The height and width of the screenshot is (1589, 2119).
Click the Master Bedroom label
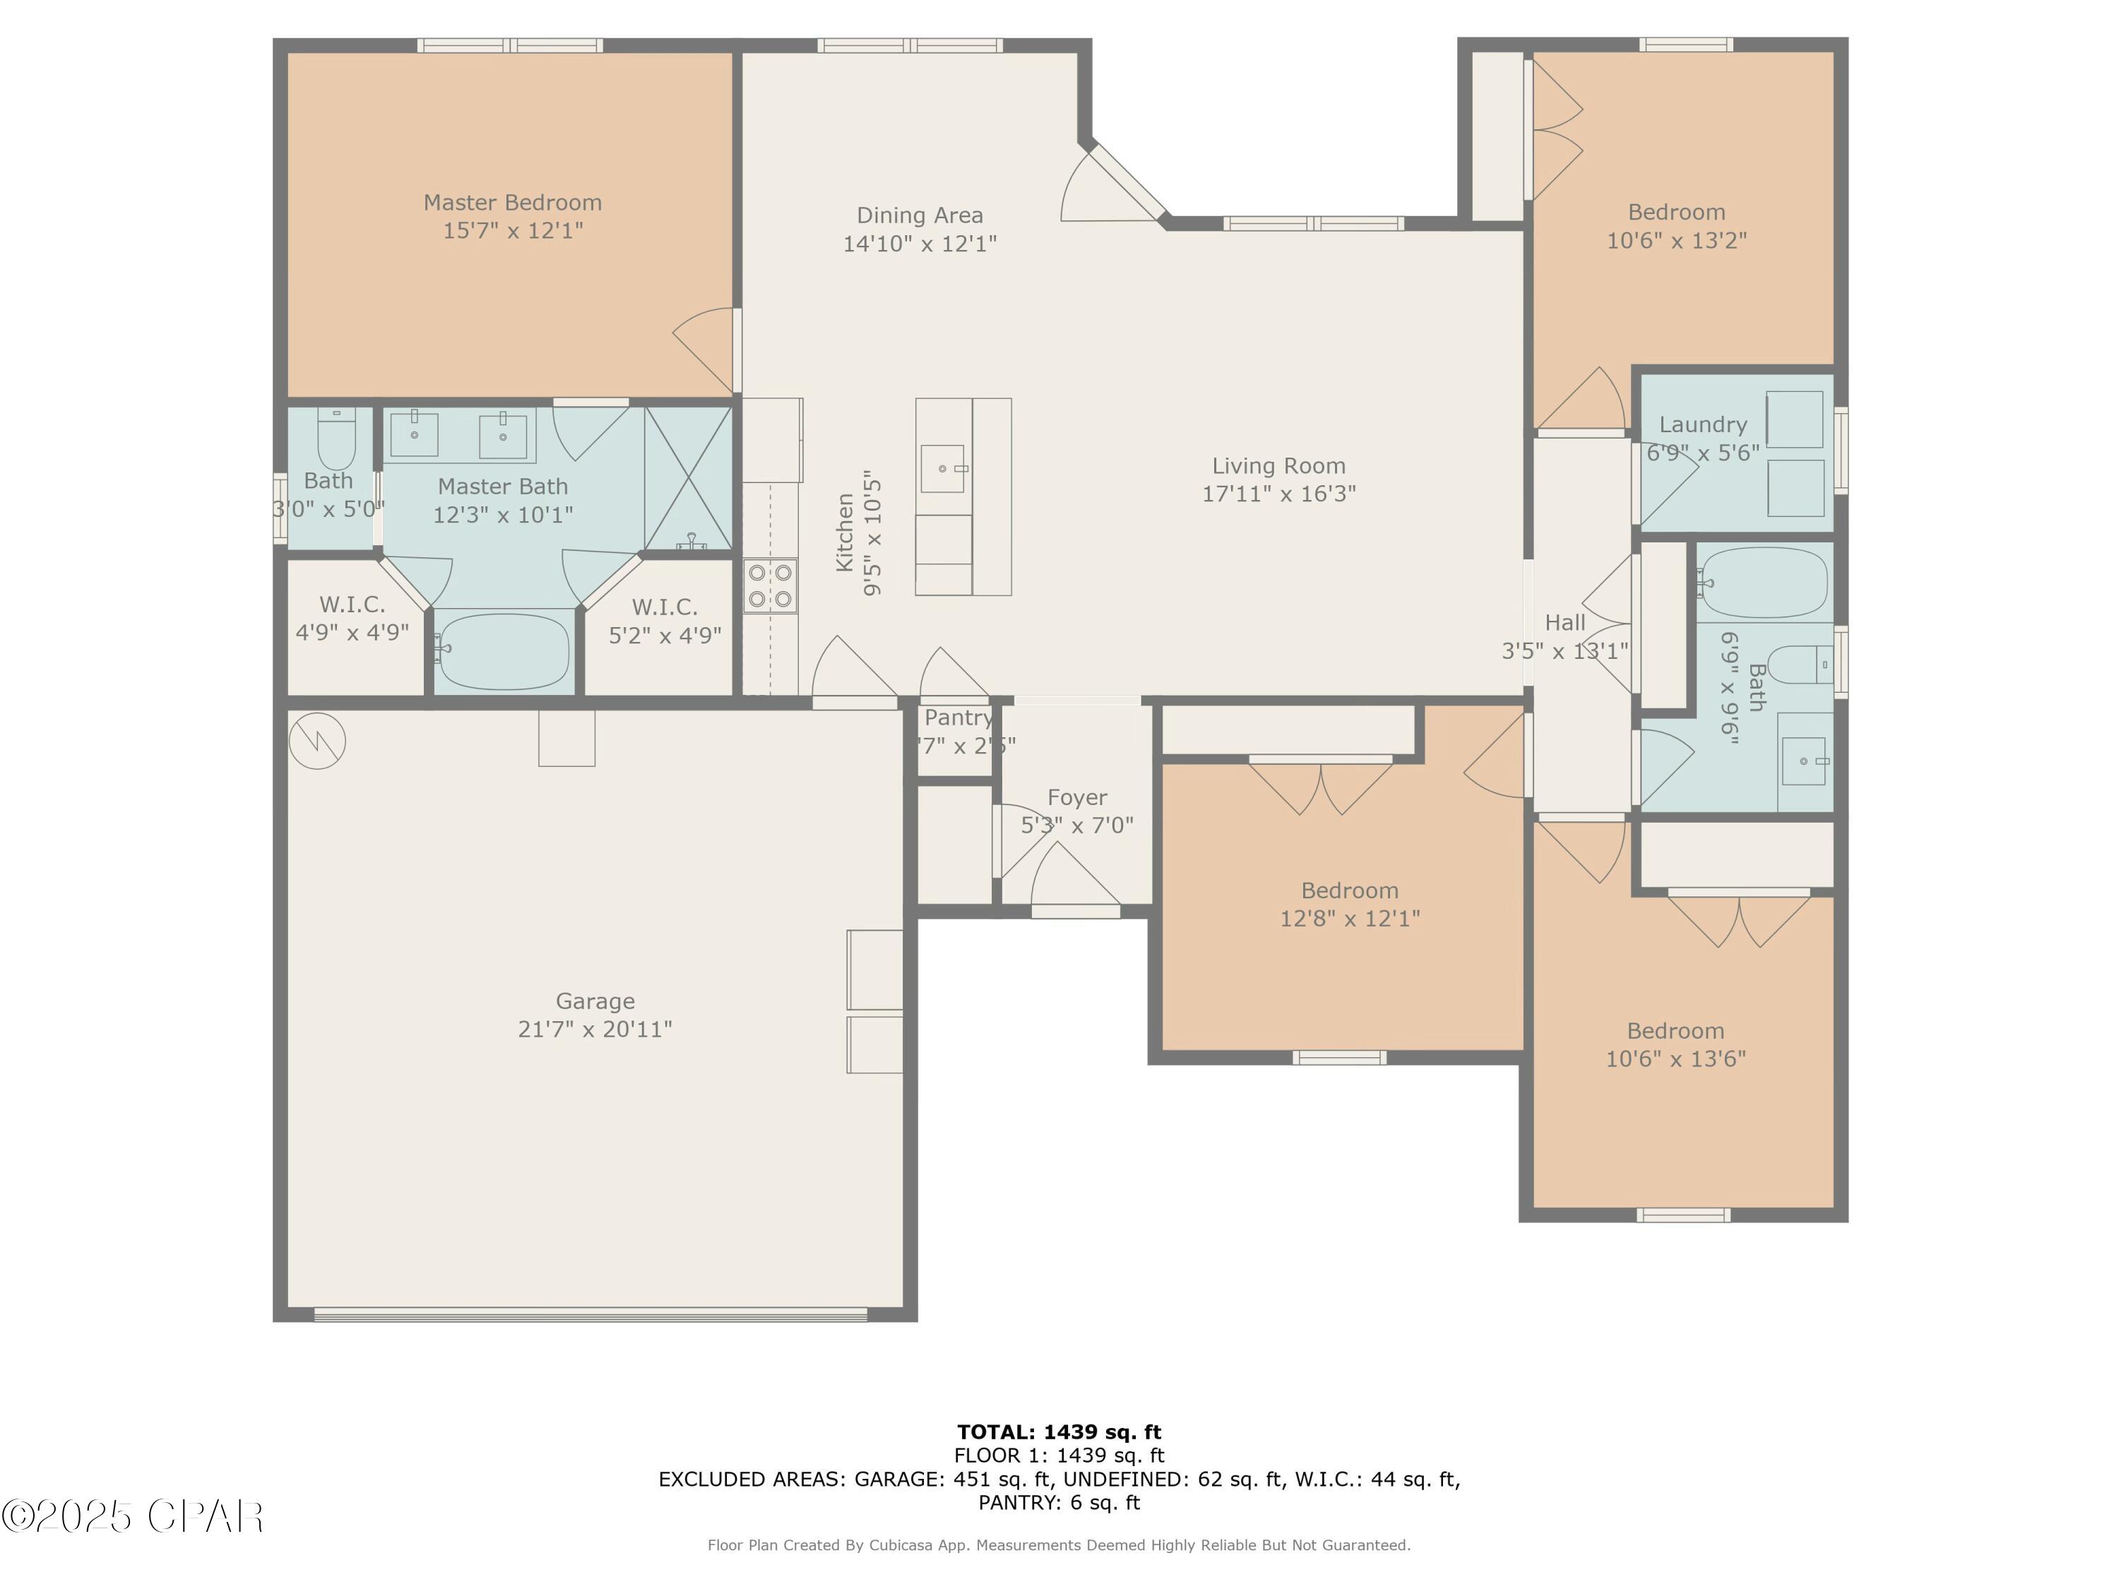(513, 203)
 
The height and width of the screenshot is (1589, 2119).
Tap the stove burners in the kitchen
(770, 586)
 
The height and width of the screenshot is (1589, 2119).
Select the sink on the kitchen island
(942, 468)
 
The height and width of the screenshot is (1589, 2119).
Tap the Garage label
(595, 1001)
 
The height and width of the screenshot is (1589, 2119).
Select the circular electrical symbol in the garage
(317, 740)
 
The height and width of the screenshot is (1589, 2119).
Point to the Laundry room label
(1702, 424)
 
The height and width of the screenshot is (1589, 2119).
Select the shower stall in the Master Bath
(688, 479)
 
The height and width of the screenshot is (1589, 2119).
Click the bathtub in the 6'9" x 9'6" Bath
(1764, 583)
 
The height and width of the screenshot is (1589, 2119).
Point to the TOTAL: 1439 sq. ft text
(1059, 1432)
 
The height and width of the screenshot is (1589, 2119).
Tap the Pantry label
(958, 718)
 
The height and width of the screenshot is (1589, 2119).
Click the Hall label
(1565, 623)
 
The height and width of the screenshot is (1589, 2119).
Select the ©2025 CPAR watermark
(132, 1516)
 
